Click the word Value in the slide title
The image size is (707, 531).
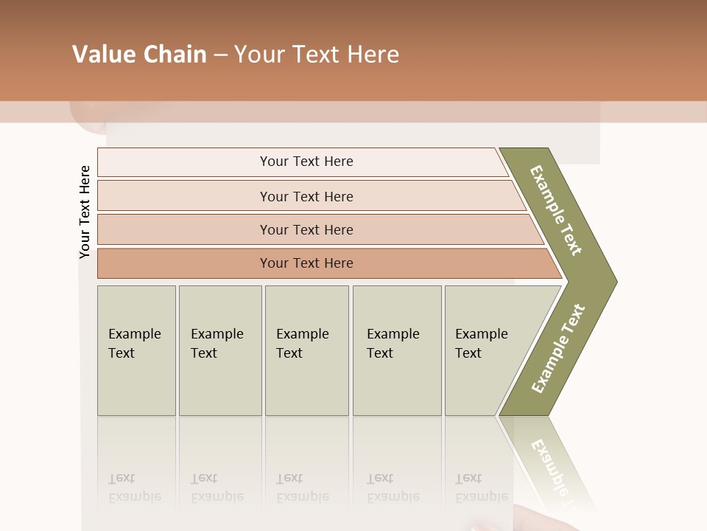click(x=102, y=55)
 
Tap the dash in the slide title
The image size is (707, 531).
click(x=220, y=55)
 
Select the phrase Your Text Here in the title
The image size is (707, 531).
click(x=317, y=55)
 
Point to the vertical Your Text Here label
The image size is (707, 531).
click(x=85, y=212)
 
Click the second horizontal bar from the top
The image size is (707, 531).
click(x=306, y=196)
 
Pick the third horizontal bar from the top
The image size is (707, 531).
click(x=306, y=229)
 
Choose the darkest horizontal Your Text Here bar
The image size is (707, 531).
click(x=306, y=263)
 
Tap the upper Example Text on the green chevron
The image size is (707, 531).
click(x=556, y=211)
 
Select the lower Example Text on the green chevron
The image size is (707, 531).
click(x=557, y=349)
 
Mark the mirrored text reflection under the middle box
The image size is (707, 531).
click(x=302, y=488)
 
